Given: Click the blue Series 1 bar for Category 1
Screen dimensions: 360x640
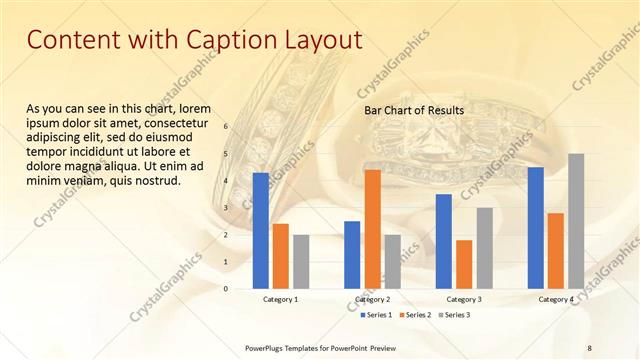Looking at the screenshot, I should tap(261, 231).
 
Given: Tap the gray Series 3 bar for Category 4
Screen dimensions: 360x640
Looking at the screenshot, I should tap(576, 221).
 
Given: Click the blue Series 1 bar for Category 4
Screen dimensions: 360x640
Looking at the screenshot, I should tap(535, 228).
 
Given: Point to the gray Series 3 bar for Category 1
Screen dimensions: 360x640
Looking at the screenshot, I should tap(301, 262).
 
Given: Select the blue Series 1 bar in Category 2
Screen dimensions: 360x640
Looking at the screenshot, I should tap(352, 255).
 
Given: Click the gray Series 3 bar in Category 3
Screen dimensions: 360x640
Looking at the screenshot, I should tap(484, 248).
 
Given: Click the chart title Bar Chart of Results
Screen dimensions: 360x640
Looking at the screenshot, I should tap(413, 109).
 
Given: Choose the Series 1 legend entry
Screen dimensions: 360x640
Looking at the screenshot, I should tap(376, 315).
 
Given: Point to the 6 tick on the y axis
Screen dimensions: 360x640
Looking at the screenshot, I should tap(226, 127).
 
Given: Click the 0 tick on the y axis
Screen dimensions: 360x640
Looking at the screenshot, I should tap(226, 289).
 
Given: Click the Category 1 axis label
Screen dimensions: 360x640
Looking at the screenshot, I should tap(281, 300).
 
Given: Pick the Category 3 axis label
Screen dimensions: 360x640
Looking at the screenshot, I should tap(464, 300).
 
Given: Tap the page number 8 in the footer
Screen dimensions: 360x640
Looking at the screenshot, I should tap(589, 348).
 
